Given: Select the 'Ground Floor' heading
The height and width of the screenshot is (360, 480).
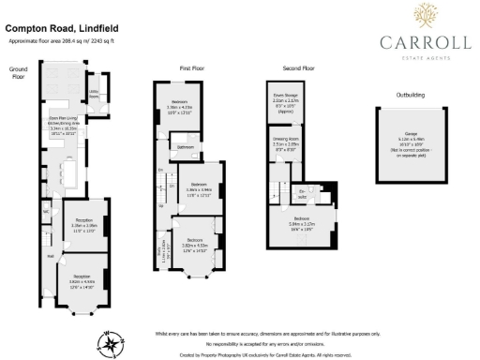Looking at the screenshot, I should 19,71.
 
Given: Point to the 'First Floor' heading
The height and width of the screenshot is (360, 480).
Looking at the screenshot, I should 191,68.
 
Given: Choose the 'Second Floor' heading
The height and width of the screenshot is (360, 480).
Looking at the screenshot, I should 297,68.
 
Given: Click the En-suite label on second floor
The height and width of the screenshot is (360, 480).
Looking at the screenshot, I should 303,194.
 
